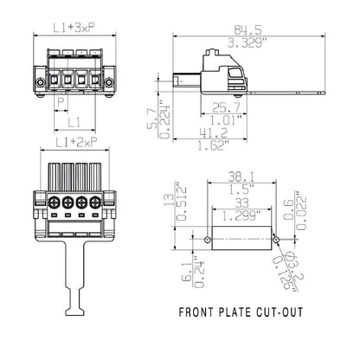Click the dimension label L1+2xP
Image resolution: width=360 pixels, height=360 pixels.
[x=75, y=141]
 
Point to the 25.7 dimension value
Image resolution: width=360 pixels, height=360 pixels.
[x=225, y=106]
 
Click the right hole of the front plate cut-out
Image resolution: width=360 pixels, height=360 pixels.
[x=277, y=237]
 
